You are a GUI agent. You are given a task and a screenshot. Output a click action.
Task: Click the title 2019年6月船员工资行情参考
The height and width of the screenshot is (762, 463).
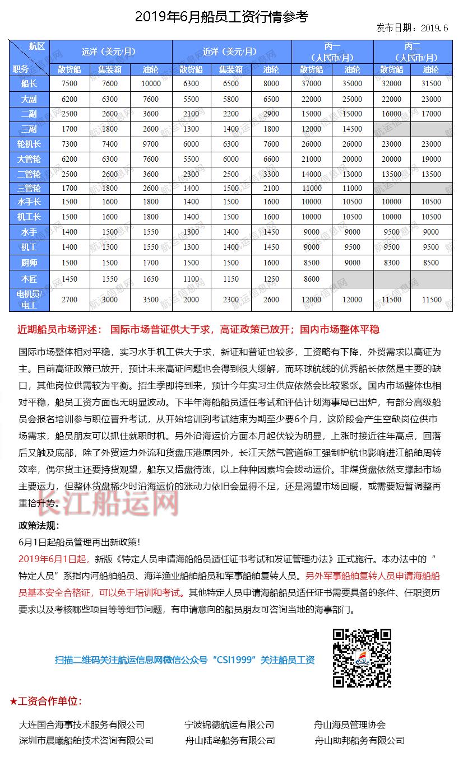coord(221,17)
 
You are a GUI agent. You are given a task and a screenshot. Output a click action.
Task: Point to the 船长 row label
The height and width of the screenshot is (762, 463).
coord(29,84)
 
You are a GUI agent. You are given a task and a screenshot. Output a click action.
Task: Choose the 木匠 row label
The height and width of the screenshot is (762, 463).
coord(29,278)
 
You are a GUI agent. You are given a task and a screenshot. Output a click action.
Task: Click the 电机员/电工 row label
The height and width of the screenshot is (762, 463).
coord(29,300)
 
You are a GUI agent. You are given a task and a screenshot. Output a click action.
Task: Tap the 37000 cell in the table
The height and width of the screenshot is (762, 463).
coord(311,84)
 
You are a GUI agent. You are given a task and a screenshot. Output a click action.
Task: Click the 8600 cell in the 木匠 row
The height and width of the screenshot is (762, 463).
coord(311,279)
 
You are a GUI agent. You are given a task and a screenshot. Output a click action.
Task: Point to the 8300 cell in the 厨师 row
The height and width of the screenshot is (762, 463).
coord(392,263)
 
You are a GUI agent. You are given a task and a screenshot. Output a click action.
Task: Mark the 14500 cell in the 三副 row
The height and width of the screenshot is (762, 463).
coord(352,129)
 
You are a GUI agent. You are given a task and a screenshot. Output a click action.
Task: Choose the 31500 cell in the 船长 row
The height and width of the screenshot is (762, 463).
coord(431,84)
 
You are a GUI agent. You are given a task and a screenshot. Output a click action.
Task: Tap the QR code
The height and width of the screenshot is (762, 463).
coord(362,658)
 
